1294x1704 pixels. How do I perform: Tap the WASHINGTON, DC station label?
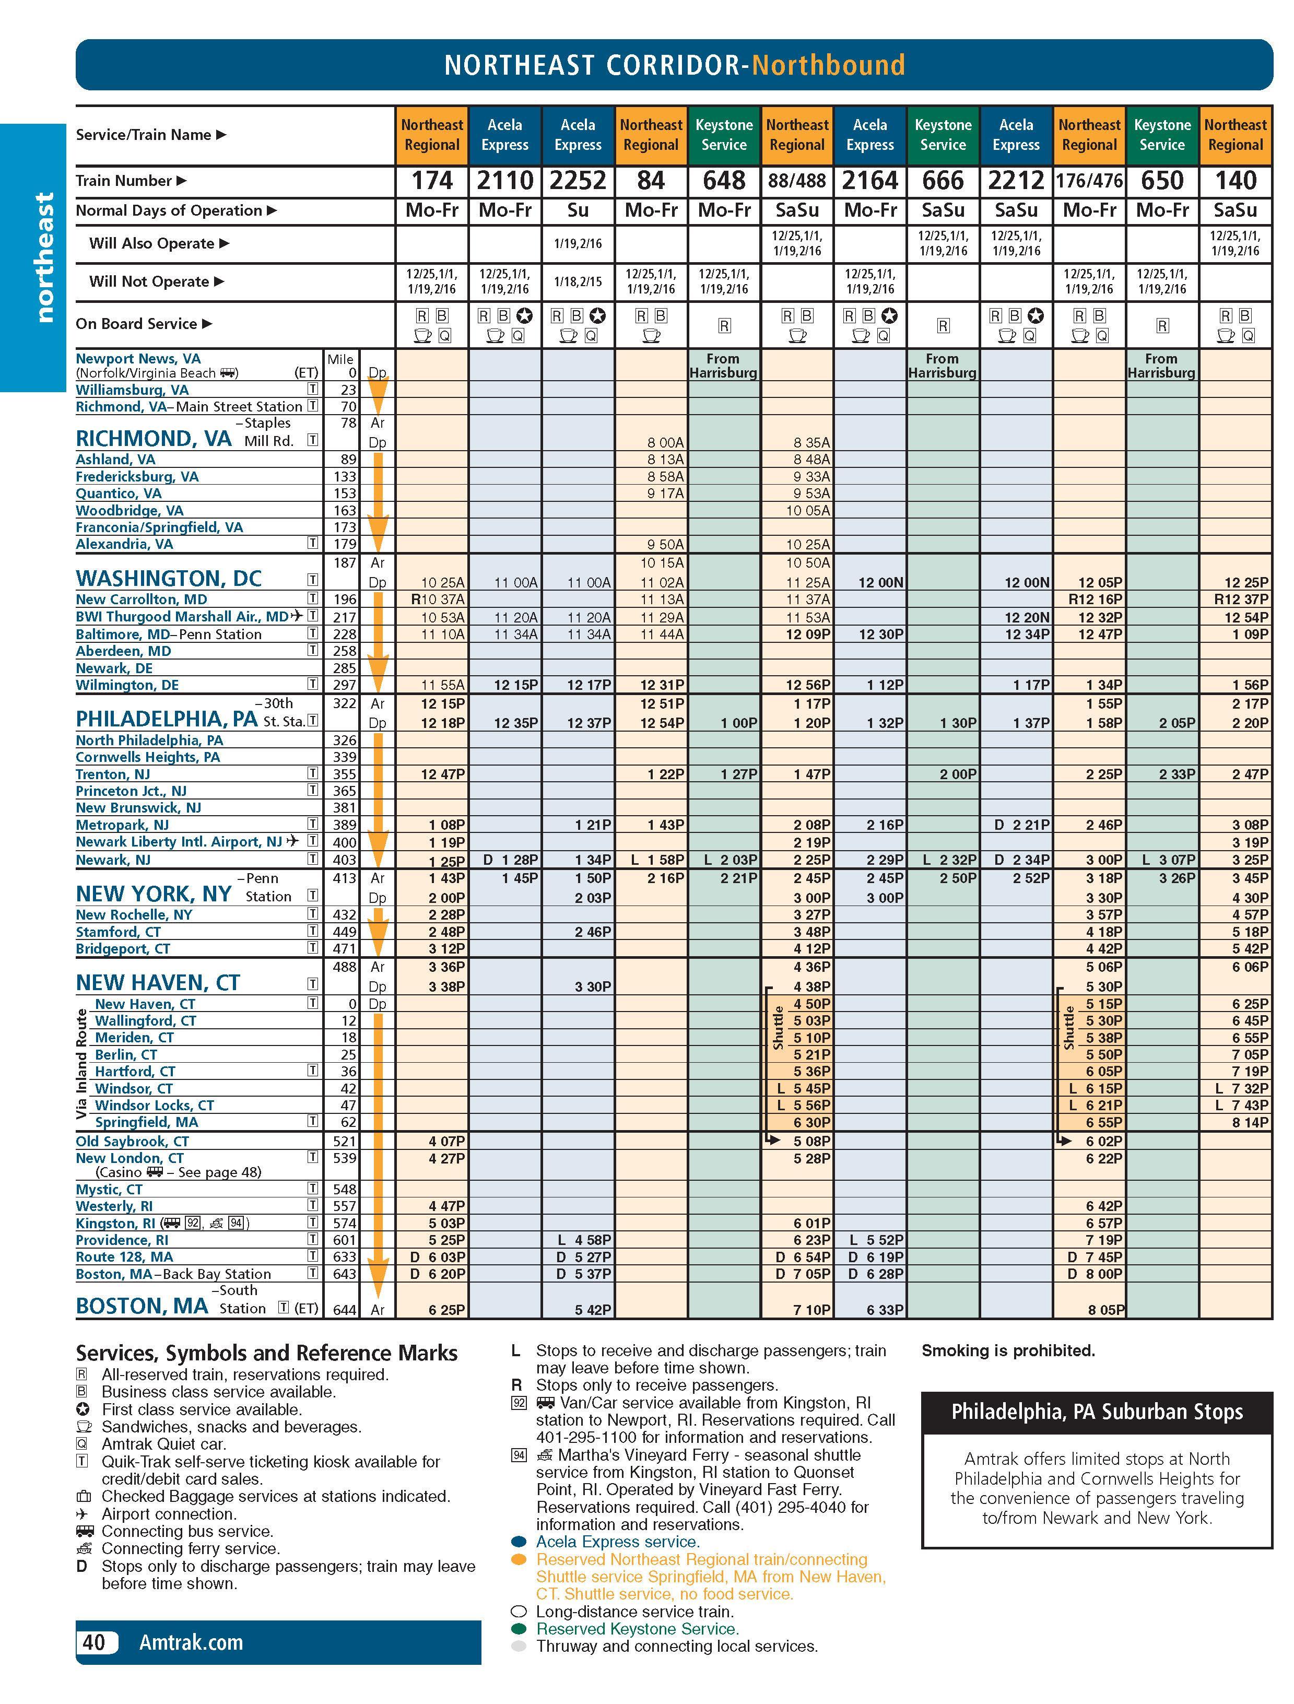click(x=169, y=579)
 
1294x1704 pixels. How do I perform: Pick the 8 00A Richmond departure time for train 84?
click(x=665, y=442)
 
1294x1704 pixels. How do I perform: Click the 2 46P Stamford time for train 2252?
click(x=592, y=931)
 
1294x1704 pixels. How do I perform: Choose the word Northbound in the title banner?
click(x=828, y=65)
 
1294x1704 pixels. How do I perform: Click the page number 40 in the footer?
click(x=94, y=1642)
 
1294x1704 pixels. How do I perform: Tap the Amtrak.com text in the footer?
click(x=191, y=1642)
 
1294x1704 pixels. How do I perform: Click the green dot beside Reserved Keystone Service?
click(x=519, y=1628)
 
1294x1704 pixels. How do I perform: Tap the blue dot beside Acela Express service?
click(x=519, y=1542)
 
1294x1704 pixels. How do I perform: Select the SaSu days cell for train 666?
click(x=943, y=210)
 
